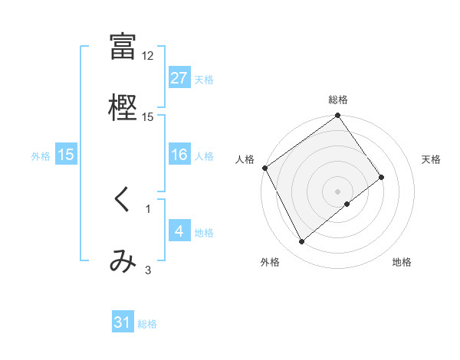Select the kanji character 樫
[123, 105]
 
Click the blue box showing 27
[179, 77]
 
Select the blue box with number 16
[179, 155]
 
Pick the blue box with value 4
[179, 231]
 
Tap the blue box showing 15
[66, 155]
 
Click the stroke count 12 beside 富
[148, 56]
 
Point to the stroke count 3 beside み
[148, 270]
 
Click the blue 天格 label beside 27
[204, 79]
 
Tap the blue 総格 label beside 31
[147, 324]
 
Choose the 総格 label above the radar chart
[338, 100]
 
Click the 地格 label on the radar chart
[402, 263]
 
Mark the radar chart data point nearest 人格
[264, 168]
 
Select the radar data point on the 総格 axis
[337, 116]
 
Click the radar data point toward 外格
[302, 242]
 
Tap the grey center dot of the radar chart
[337, 191]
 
